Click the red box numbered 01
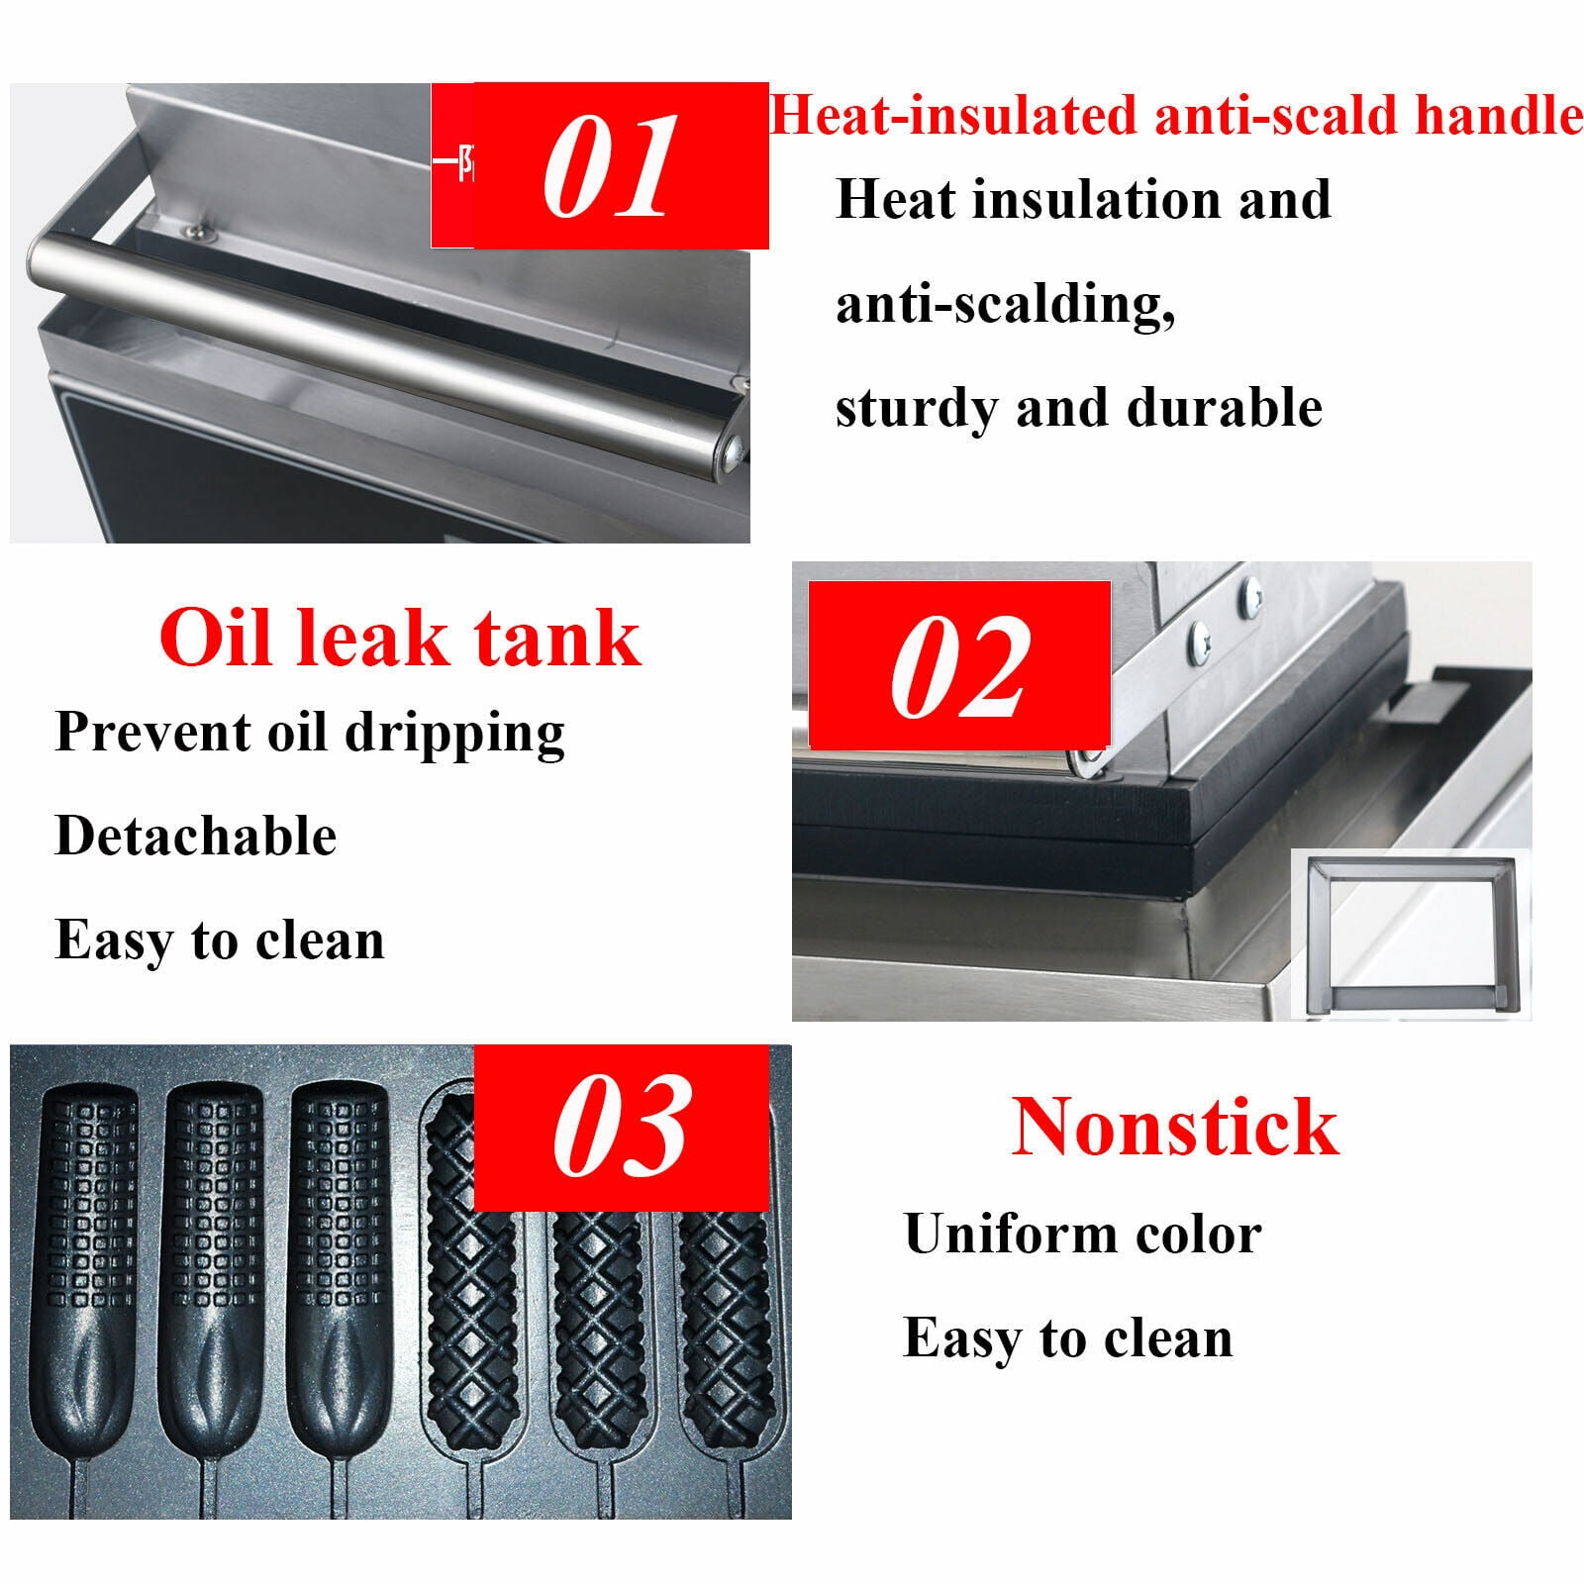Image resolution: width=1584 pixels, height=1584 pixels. (600, 165)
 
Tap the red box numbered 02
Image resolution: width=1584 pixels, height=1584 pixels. (959, 664)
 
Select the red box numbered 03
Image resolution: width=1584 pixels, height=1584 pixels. (622, 1128)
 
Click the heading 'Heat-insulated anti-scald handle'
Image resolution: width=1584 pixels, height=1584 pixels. (1176, 115)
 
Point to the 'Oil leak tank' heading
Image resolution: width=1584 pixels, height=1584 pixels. (400, 639)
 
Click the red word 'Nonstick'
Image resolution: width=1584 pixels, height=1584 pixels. (1175, 1127)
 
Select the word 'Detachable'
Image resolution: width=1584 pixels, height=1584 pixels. (196, 837)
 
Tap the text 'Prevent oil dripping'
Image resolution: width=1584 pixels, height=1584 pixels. (310, 735)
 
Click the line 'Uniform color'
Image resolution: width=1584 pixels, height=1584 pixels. (1083, 1235)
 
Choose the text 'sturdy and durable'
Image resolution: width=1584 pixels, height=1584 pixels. (1079, 408)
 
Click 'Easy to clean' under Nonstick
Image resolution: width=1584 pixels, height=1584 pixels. (1068, 1339)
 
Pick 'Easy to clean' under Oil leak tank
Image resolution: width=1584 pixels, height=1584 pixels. (220, 940)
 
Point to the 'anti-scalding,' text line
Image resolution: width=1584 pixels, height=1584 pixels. (1006, 305)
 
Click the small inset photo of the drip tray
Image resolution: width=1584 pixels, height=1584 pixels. (1411, 935)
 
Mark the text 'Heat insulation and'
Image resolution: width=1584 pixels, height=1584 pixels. (1084, 200)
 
